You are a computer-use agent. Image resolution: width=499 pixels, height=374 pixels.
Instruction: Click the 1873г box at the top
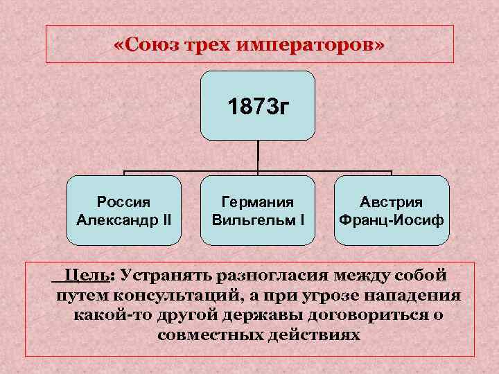tap(258, 106)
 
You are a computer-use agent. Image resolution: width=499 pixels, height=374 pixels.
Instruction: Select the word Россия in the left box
tap(123, 202)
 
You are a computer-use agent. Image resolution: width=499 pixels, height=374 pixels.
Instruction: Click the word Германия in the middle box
tap(257, 202)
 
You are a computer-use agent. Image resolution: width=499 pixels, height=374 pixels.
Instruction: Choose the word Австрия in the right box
tap(391, 202)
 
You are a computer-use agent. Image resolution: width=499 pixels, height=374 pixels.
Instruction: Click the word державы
tap(259, 315)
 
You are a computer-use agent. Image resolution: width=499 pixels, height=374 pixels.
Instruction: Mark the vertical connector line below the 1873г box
tap(258, 156)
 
